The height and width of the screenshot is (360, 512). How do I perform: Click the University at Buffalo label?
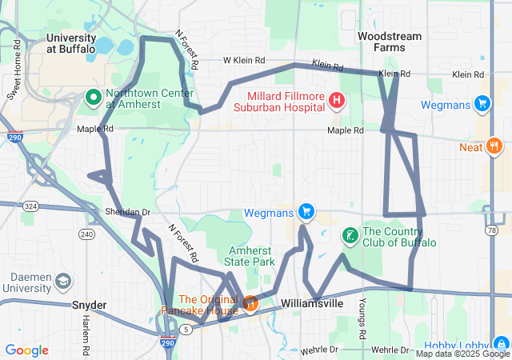tap(70, 43)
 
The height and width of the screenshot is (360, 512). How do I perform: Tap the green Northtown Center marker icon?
tap(92, 98)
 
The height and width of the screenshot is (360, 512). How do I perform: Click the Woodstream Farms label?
tap(385, 42)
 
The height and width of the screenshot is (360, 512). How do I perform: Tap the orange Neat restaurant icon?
tap(494, 146)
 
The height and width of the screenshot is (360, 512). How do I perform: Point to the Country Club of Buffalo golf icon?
tap(350, 235)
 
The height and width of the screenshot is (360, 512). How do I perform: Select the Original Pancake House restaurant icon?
tap(250, 303)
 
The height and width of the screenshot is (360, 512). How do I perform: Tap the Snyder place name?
tap(89, 305)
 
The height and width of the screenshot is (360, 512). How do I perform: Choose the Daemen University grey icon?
tap(63, 281)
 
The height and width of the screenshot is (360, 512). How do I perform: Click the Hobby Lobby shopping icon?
tap(500, 342)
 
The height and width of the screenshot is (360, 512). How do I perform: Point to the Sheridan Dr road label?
tap(127, 212)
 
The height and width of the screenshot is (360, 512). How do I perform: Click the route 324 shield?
tap(31, 206)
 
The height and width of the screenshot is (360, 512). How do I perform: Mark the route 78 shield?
tap(490, 230)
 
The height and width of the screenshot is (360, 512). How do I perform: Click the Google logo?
tap(26, 350)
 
